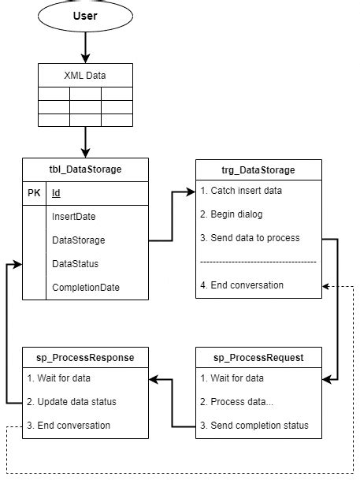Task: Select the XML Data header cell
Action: coord(85,75)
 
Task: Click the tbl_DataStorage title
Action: coord(85,169)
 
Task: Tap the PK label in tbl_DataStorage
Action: coord(34,193)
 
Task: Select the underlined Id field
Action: coord(56,193)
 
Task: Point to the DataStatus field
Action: coord(76,263)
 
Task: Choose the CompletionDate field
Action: coord(86,288)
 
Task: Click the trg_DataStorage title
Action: coord(258,169)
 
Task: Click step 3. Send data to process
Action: coord(250,238)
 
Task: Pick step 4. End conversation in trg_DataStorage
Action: coord(242,285)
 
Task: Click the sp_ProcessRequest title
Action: coord(258,357)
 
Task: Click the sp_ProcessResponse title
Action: coord(85,357)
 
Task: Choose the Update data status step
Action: coord(72,401)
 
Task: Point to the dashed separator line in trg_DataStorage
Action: coord(258,262)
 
